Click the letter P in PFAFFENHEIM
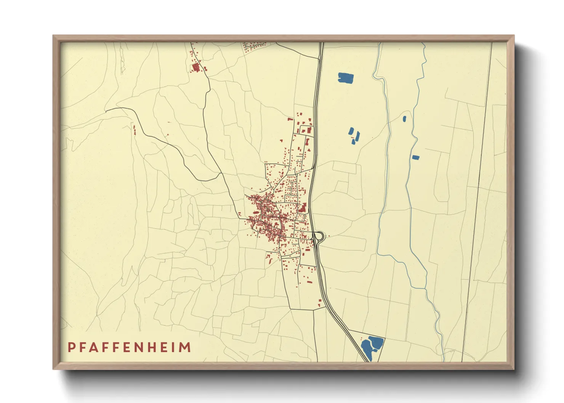[x=71, y=347]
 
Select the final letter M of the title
[x=185, y=347]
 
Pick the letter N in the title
[x=146, y=347]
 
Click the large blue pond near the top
[x=346, y=78]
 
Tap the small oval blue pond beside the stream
[x=404, y=119]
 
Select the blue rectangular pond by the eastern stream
[x=416, y=157]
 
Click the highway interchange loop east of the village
[x=319, y=236]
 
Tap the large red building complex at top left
[x=196, y=68]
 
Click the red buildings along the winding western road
[x=134, y=130]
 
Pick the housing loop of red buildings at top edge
[x=254, y=46]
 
